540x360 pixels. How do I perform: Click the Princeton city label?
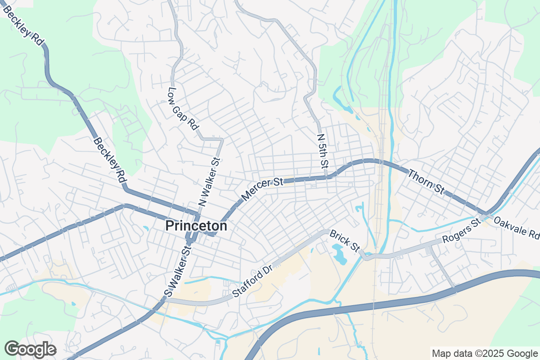click(196, 226)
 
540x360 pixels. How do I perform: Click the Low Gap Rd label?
click(184, 108)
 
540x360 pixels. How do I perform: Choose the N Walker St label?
click(209, 182)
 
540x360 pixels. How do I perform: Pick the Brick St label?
click(345, 241)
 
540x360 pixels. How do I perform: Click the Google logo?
click(30, 349)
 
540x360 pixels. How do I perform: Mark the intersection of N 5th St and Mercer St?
click(327, 177)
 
